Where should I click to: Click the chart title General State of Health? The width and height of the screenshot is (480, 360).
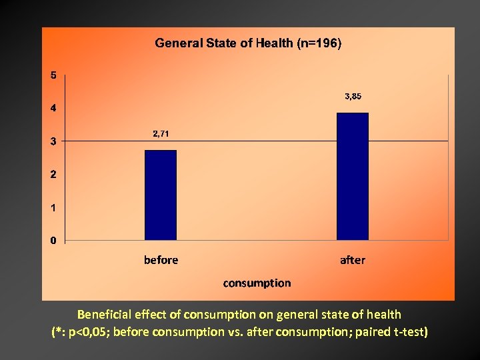click(x=248, y=43)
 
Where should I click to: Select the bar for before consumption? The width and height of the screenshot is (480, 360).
click(x=161, y=195)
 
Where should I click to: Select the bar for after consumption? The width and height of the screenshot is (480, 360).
click(x=353, y=176)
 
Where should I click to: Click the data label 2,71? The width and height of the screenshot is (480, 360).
click(x=161, y=134)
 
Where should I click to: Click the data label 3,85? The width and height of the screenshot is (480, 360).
click(x=353, y=97)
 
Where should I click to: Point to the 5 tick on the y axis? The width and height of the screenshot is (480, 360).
click(x=54, y=75)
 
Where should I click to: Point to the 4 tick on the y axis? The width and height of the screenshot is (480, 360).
click(x=54, y=108)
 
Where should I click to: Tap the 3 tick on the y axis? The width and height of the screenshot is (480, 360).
click(x=54, y=141)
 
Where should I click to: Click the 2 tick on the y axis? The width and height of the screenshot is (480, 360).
click(x=54, y=175)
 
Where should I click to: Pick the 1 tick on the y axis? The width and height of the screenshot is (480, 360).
click(x=54, y=207)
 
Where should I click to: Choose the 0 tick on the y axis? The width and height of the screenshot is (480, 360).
click(x=54, y=241)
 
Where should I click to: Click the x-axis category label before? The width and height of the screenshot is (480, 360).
click(x=161, y=260)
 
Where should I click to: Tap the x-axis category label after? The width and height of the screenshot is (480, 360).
click(x=353, y=260)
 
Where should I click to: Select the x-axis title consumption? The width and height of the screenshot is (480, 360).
click(x=257, y=283)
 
